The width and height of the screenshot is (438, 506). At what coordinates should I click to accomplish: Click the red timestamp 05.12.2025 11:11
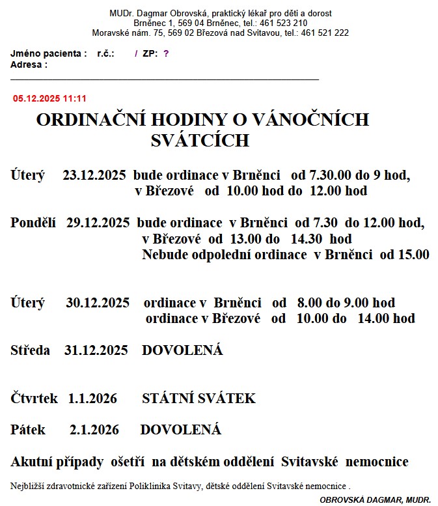click(x=49, y=98)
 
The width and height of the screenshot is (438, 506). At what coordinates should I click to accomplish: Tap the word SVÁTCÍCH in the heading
click(x=200, y=141)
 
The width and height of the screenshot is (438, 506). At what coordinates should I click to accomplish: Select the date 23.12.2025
click(x=94, y=175)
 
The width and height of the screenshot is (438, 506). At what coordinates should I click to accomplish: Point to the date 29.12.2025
click(x=98, y=223)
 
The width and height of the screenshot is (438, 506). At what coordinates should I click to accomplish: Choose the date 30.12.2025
click(x=98, y=303)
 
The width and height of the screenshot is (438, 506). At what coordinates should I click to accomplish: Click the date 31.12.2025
click(x=96, y=350)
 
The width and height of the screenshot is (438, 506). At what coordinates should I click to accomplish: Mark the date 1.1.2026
click(x=92, y=398)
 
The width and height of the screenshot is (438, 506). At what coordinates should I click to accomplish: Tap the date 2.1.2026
click(x=94, y=430)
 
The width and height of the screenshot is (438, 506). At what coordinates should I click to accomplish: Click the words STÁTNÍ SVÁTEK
click(x=198, y=398)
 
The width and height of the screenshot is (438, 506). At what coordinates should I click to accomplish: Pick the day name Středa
click(x=31, y=350)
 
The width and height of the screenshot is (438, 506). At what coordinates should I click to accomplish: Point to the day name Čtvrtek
click(x=34, y=398)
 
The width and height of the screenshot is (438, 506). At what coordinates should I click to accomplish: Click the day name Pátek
click(x=28, y=430)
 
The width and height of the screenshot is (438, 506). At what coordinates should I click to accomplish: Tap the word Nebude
click(x=163, y=255)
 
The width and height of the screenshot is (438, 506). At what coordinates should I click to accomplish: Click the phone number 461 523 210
click(x=283, y=23)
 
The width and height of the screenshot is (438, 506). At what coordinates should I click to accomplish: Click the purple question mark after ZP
click(x=166, y=54)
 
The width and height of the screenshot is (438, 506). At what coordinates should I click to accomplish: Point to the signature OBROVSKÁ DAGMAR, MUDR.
click(x=375, y=499)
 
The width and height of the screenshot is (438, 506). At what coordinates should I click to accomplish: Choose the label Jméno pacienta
click(x=48, y=54)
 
